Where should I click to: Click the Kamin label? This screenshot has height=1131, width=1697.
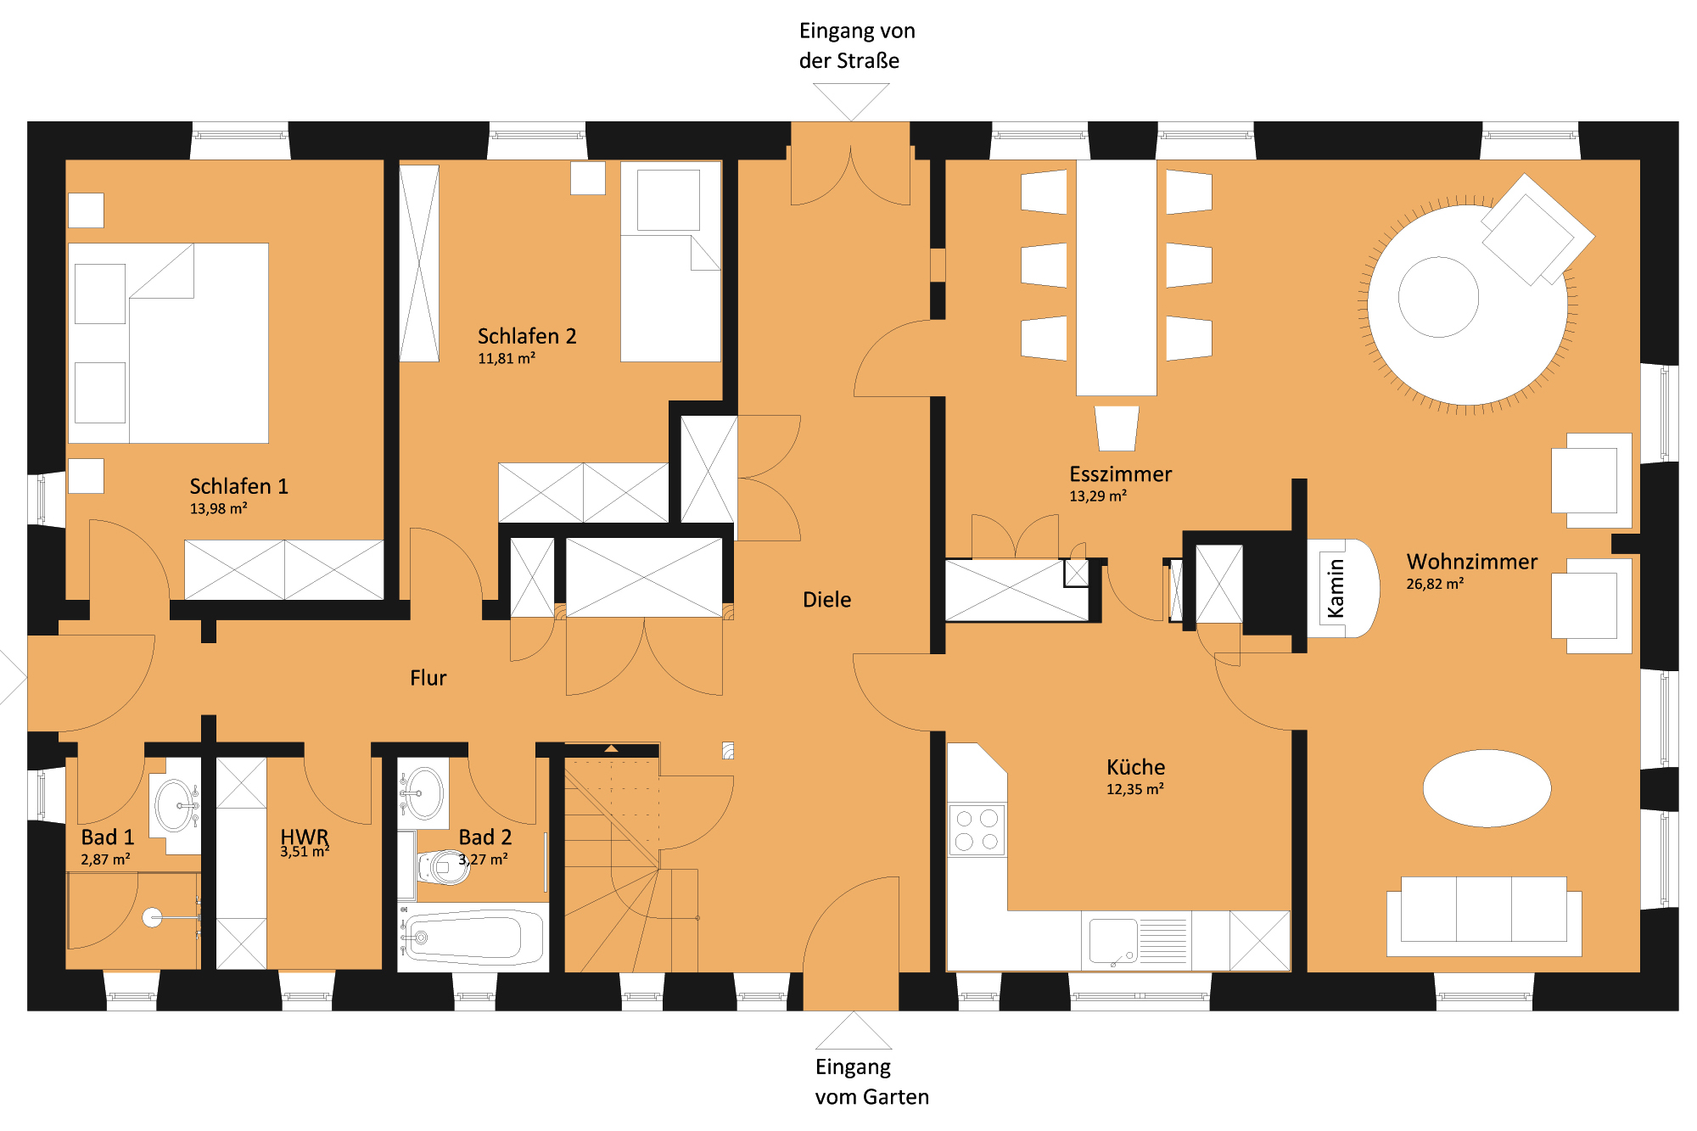click(x=1336, y=588)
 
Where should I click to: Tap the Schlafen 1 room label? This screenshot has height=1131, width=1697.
click(x=238, y=486)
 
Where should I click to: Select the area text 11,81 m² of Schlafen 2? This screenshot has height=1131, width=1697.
click(x=507, y=359)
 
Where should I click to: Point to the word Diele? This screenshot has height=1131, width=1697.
click(x=826, y=600)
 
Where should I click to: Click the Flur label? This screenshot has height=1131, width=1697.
click(x=428, y=678)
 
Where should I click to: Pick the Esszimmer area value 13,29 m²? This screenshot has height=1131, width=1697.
click(x=1098, y=496)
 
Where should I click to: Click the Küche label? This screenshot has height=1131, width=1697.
click(x=1135, y=767)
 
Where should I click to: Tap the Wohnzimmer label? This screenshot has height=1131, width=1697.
click(x=1471, y=562)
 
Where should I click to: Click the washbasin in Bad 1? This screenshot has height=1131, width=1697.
click(x=175, y=803)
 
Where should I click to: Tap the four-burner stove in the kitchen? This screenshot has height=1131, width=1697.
click(x=977, y=830)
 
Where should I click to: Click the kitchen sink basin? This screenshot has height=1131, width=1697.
click(x=1112, y=941)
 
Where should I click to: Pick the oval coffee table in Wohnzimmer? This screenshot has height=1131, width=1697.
click(x=1487, y=788)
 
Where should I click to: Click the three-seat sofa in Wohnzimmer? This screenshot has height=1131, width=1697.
click(x=1484, y=916)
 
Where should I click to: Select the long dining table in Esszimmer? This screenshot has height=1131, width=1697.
click(x=1116, y=277)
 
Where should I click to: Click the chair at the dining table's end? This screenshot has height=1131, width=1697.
click(x=1116, y=428)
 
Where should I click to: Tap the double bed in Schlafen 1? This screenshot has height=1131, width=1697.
click(x=168, y=343)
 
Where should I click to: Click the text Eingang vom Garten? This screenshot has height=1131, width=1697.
click(x=871, y=1082)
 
